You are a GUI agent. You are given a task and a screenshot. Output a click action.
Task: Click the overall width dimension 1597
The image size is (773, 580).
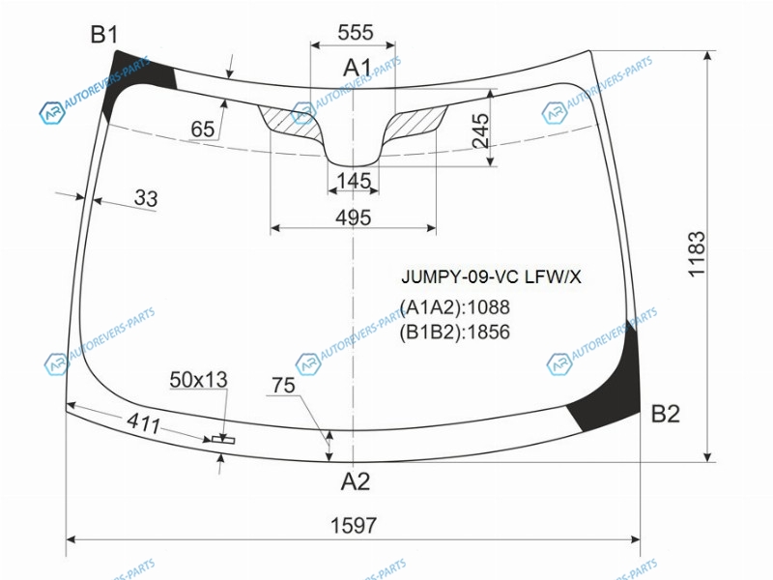[353, 526]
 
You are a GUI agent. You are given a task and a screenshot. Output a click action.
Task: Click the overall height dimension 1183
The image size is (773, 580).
[697, 254]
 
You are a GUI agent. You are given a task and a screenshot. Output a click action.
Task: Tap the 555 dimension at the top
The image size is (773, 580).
[356, 33]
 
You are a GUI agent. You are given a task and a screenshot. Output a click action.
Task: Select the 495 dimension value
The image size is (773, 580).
[353, 217]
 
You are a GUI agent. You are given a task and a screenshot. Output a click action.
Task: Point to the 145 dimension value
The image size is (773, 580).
[354, 181]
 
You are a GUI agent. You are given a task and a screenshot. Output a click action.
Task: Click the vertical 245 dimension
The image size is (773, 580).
[480, 130]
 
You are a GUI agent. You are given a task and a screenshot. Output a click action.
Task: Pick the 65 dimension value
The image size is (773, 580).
[203, 130]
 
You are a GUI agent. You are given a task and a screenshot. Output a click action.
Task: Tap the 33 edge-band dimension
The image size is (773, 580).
[146, 198]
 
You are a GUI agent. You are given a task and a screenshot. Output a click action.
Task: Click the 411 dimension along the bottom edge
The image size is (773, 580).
[143, 422]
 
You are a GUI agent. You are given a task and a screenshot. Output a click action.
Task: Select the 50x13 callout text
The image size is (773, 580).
[198, 379]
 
